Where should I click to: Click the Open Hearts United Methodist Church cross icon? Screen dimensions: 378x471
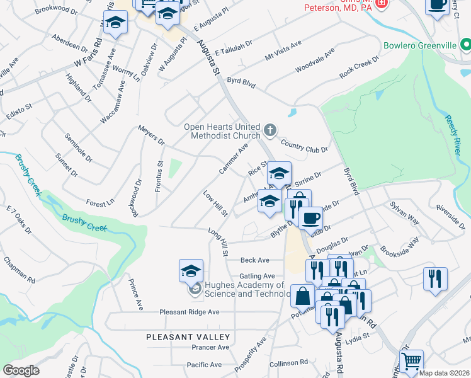pyautogui.click(x=270, y=131)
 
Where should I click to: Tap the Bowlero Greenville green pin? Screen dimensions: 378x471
pyautogui.click(x=465, y=45)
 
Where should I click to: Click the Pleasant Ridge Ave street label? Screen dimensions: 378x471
pyautogui.click(x=189, y=312)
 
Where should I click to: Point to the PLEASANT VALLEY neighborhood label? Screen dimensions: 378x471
pyautogui.click(x=188, y=337)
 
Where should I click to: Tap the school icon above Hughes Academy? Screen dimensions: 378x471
pyautogui.click(x=191, y=271)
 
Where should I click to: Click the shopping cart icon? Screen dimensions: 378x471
pyautogui.click(x=411, y=361)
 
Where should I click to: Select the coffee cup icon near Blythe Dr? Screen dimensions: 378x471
pyautogui.click(x=310, y=219)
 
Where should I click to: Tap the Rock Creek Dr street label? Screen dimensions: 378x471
pyautogui.click(x=360, y=67)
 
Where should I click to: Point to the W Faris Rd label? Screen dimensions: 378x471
pyautogui.click(x=88, y=55)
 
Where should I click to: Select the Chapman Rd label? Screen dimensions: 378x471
pyautogui.click(x=19, y=268)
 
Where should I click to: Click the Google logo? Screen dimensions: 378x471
pyautogui.click(x=21, y=370)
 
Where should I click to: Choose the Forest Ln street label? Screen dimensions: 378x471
pyautogui.click(x=101, y=203)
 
